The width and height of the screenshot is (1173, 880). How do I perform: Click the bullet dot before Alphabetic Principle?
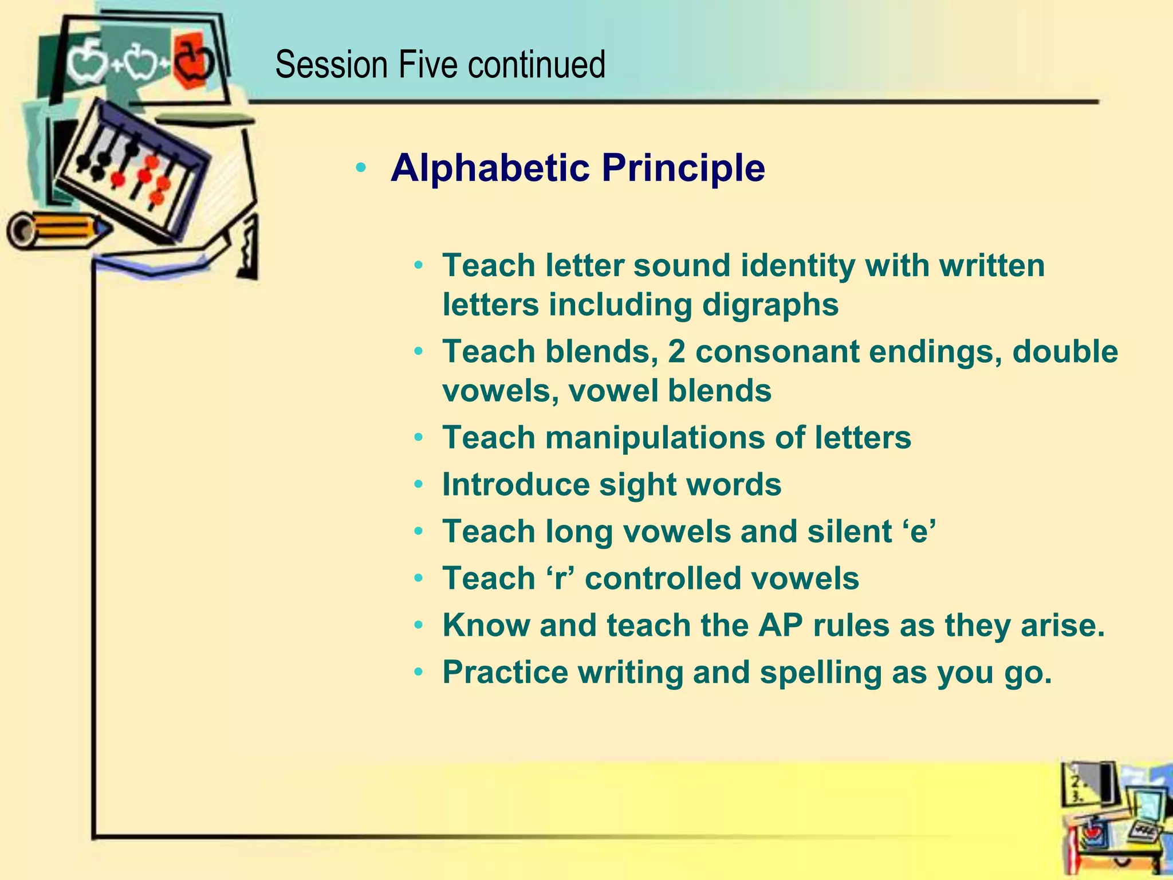tap(360, 168)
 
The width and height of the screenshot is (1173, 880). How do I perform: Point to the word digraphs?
tap(770, 305)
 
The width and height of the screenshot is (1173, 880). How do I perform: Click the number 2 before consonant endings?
tap(676, 351)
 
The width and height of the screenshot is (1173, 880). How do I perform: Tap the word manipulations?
tap(655, 438)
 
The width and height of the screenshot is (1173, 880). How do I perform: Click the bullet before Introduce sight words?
tap(419, 485)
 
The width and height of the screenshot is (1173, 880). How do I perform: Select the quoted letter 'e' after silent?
tap(920, 531)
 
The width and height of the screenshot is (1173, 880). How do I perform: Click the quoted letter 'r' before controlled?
tap(560, 578)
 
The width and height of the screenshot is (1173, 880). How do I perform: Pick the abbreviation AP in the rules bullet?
tap(780, 625)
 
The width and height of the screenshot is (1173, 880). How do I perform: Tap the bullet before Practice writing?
tap(419, 672)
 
